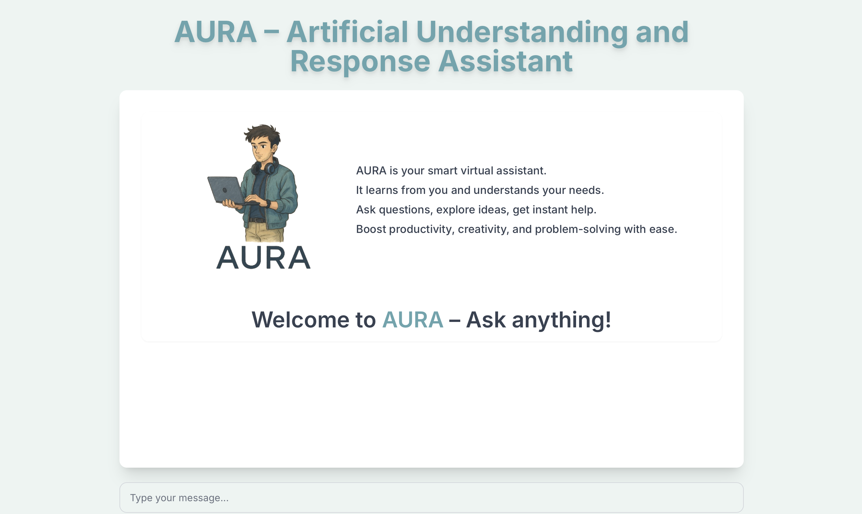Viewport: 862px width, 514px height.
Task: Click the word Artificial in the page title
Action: tap(347, 32)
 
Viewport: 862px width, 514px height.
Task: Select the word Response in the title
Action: tap(360, 62)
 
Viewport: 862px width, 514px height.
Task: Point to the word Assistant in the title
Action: tap(505, 61)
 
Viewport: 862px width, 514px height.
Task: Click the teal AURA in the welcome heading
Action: tap(413, 319)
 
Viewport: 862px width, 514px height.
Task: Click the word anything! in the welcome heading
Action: tap(561, 320)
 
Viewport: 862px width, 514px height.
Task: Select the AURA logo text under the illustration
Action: tap(263, 258)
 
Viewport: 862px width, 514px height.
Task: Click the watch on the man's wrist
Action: tap(268, 204)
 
